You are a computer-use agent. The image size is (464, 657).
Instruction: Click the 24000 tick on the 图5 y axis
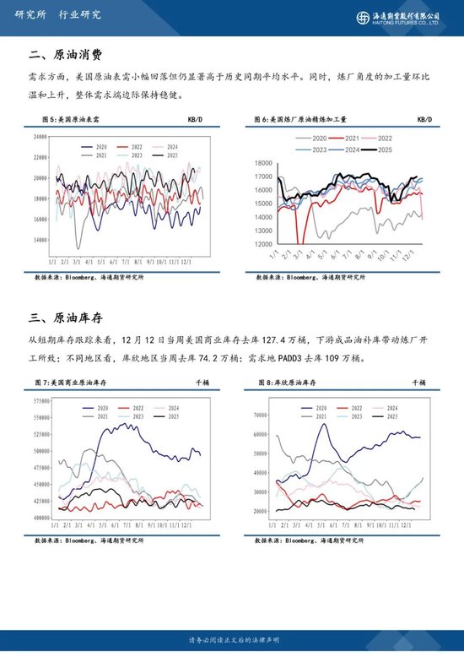tap(40, 137)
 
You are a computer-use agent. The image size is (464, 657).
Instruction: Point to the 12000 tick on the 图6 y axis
tap(262, 245)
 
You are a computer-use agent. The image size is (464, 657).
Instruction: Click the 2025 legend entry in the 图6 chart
tap(384, 149)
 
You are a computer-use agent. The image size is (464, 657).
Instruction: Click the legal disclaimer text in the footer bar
tap(231, 642)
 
